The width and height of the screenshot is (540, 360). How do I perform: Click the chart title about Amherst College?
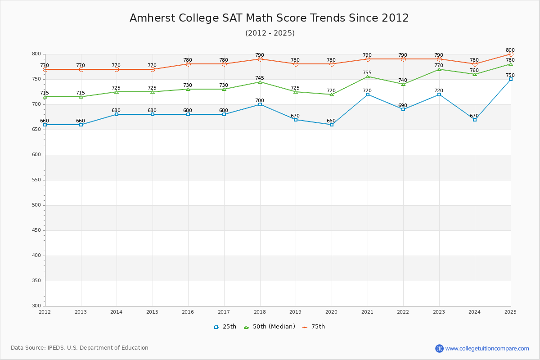269,18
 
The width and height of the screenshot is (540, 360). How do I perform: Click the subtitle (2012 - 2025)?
270,33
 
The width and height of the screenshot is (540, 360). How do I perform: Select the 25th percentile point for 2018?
260,104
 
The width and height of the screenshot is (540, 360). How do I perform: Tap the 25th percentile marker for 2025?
511,79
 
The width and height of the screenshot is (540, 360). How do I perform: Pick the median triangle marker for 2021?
368,76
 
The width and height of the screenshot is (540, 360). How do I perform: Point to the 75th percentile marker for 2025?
511,54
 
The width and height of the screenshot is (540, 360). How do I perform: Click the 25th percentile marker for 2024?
475,120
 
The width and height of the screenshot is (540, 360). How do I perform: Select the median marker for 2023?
439,69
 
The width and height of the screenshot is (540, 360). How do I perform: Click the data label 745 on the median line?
260,78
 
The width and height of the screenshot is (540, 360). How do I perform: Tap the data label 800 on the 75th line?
510,50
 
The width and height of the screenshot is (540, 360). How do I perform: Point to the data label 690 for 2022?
402,106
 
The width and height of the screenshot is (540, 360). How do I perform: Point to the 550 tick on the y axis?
36,180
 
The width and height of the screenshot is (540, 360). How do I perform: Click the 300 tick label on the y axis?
36,306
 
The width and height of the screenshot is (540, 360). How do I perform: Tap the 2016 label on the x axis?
188,312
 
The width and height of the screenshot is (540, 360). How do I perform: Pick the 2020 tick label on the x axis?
331,312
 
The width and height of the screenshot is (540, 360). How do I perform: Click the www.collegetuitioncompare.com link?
487,348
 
